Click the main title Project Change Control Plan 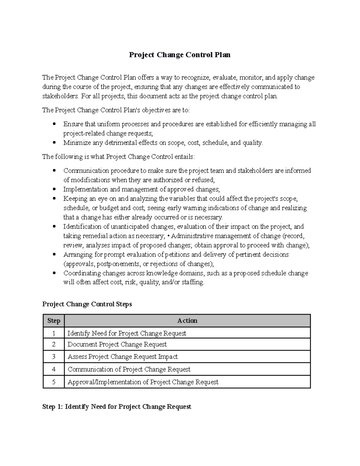point(180,55)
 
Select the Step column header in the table point(54,321)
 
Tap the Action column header point(187,321)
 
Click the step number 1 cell point(54,333)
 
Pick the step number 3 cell point(54,357)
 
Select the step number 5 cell point(54,382)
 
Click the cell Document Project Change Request point(117,344)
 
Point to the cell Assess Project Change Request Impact point(122,357)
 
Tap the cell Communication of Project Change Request point(129,369)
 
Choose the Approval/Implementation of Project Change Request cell point(143,382)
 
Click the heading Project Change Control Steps point(87,304)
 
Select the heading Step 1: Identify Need point(117,407)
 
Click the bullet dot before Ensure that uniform point(54,124)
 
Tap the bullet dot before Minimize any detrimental point(54,143)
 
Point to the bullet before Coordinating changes point(54,273)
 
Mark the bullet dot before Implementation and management point(54,189)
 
